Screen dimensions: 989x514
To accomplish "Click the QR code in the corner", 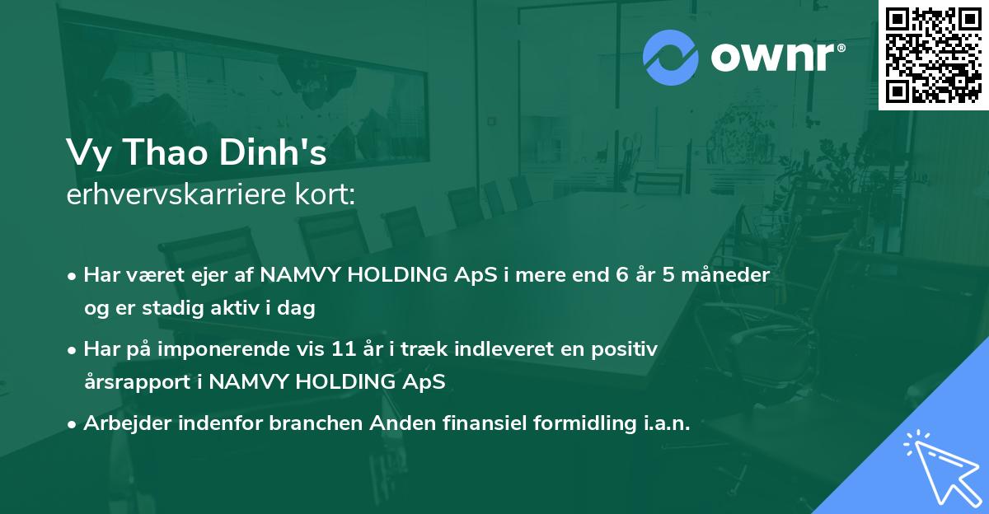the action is coord(933,54).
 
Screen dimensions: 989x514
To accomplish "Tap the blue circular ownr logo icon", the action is coord(671,58).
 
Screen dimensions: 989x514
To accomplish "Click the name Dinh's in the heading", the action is coord(273,152).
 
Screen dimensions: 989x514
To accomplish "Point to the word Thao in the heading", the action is coord(166,152).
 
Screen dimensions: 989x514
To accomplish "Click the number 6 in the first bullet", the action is coord(622,275).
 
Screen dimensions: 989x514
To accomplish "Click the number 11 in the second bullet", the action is coord(344,349).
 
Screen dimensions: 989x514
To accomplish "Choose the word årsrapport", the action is coord(138,382).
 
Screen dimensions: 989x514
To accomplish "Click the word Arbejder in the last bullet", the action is coord(127,423).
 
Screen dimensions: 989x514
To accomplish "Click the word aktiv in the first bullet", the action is coord(235,307).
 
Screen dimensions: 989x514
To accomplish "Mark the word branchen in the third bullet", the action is coord(316,423).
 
